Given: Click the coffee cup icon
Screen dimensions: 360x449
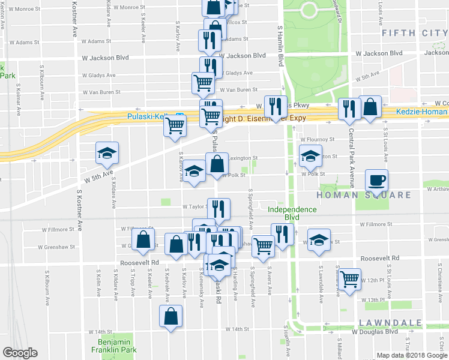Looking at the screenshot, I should click(376, 180).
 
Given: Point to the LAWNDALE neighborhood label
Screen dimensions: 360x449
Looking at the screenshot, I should click(387, 323).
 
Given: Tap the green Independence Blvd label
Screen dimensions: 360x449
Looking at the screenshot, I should click(292, 213).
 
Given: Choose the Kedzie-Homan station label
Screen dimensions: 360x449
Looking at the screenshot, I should click(421, 112).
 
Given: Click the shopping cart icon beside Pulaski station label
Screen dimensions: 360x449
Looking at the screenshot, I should click(175, 126).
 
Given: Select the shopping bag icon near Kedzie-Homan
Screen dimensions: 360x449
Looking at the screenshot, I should click(370, 107).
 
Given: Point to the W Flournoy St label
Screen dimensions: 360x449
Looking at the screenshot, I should click(317, 140).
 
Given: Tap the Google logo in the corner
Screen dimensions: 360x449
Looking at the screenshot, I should click(20, 353).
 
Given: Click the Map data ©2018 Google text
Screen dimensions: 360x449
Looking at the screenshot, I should click(411, 355).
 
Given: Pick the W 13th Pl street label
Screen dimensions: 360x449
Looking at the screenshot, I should click(373, 299).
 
